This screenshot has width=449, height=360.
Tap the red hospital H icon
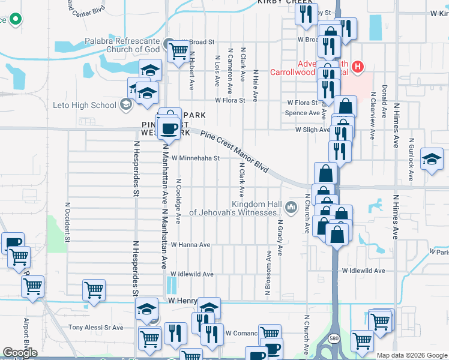[358, 66]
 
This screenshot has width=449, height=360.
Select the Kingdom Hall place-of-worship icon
[292, 207]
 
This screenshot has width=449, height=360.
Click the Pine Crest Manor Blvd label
[234, 152]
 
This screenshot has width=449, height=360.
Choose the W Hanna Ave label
[190, 245]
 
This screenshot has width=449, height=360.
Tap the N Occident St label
[67, 222]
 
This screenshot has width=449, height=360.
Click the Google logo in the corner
[20, 353]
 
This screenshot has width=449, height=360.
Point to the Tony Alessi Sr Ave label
[95, 328]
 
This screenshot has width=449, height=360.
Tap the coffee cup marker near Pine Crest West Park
[169, 128]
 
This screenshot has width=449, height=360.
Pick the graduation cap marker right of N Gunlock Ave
[432, 159]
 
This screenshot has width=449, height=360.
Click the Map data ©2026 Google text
[411, 355]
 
